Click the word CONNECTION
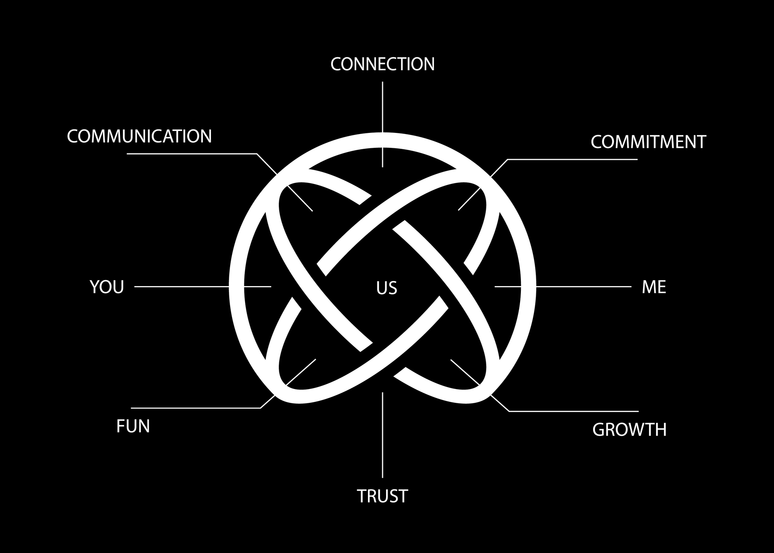pyautogui.click(x=383, y=64)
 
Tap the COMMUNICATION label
pyautogui.click(x=139, y=136)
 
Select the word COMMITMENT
pyautogui.click(x=648, y=142)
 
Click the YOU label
pyautogui.click(x=107, y=287)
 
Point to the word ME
pyautogui.click(x=654, y=287)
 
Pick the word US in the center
pyautogui.click(x=386, y=288)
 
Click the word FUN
pyautogui.click(x=133, y=427)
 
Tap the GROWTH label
pyautogui.click(x=629, y=430)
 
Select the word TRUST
pyautogui.click(x=382, y=496)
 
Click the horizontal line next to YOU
pyautogui.click(x=181, y=286)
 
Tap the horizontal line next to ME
pyautogui.click(x=584, y=286)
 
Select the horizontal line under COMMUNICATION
pyautogui.click(x=192, y=154)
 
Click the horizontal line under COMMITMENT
pyautogui.click(x=572, y=159)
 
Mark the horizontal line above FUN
pyautogui.click(x=196, y=408)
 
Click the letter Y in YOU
pyautogui.click(x=95, y=287)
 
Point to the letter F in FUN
pyautogui.click(x=121, y=427)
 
